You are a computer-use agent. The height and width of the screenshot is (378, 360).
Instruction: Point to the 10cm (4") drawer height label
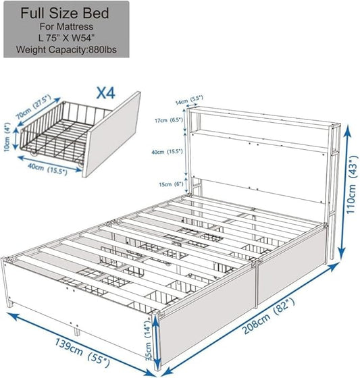coord(7,135)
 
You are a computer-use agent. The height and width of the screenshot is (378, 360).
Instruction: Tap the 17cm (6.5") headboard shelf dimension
coord(168,120)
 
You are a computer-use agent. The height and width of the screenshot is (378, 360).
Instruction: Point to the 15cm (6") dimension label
coord(168,184)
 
